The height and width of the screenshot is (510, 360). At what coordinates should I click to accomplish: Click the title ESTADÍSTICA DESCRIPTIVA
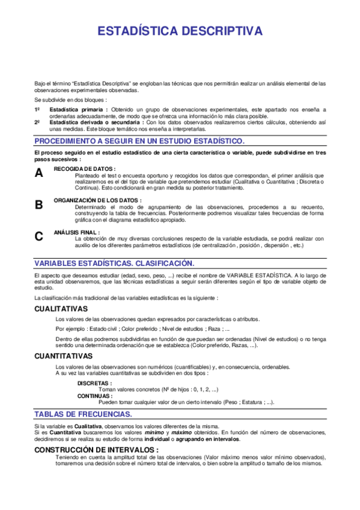[x=180, y=31]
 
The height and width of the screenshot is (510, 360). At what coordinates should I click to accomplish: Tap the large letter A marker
[x=39, y=173]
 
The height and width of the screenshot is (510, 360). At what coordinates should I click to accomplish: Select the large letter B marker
[x=39, y=204]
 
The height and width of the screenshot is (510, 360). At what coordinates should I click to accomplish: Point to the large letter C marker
[x=39, y=236]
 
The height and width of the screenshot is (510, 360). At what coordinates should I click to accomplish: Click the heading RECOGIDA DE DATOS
[x=85, y=169]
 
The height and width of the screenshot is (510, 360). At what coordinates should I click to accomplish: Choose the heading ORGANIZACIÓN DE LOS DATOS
[x=98, y=200]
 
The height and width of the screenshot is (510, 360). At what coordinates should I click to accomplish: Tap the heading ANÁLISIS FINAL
[x=77, y=232]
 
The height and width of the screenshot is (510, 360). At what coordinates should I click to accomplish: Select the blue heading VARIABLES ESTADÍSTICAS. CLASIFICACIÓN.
[x=114, y=264]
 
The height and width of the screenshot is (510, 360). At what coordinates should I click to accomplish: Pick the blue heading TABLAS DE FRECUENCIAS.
[x=84, y=415]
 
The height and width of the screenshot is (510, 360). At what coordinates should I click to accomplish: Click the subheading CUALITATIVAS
[x=61, y=309]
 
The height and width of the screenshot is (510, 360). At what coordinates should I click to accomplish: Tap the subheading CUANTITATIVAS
[x=63, y=356]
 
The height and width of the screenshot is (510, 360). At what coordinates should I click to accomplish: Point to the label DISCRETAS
[x=94, y=383]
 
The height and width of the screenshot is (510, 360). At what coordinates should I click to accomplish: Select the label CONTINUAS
[x=94, y=396]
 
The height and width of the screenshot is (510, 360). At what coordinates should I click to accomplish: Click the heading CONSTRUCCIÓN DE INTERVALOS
[x=96, y=449]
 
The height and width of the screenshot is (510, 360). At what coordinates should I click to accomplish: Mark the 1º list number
[x=37, y=109]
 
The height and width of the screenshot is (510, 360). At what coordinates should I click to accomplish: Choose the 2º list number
[x=37, y=122]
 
